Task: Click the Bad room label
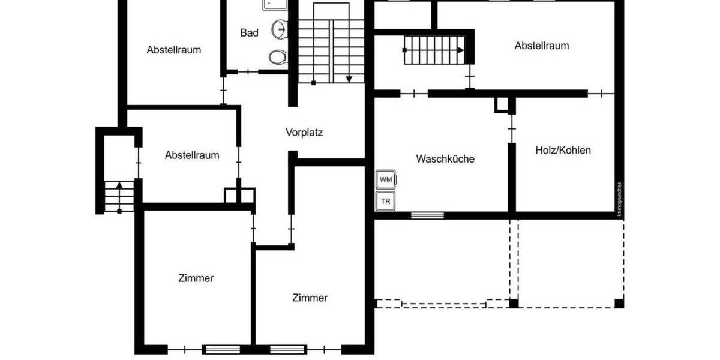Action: [x=249, y=33]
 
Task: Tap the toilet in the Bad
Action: [x=277, y=57]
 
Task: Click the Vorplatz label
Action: [x=304, y=133]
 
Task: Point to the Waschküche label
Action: [x=445, y=159]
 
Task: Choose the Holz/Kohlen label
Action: [x=563, y=150]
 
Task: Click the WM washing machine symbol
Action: [x=385, y=179]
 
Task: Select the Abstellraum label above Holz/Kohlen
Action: [x=542, y=46]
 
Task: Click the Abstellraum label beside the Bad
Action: [x=174, y=50]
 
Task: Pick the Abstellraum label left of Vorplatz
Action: [x=192, y=155]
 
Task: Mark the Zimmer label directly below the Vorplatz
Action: [x=310, y=298]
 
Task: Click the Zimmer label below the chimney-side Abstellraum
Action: [x=196, y=278]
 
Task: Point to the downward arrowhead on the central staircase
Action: [x=349, y=79]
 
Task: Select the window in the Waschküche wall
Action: [x=427, y=215]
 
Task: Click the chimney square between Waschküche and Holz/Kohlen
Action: [x=502, y=104]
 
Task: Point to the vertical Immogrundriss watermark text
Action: [x=620, y=199]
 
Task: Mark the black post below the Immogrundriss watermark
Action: [x=619, y=304]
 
